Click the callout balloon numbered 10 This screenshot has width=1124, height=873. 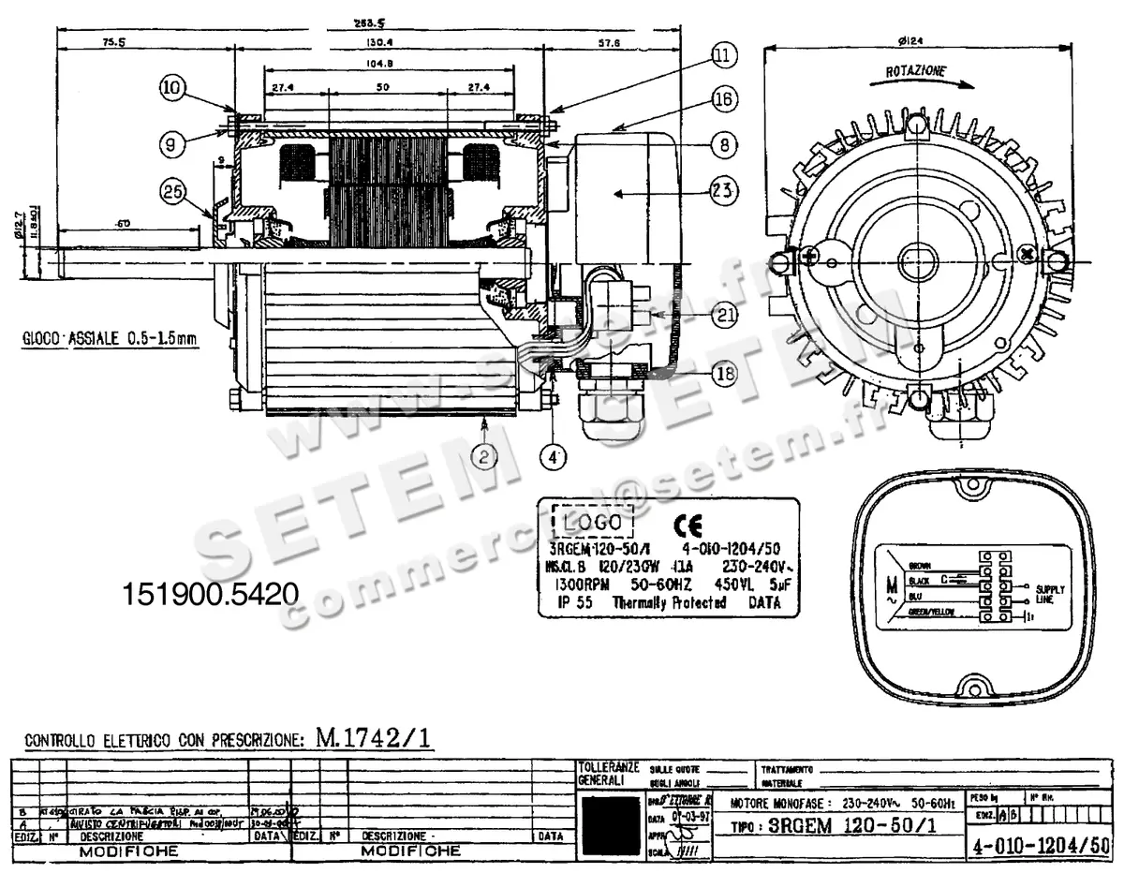click(x=170, y=89)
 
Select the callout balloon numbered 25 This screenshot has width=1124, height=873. click(x=170, y=192)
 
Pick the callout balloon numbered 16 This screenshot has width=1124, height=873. click(x=722, y=98)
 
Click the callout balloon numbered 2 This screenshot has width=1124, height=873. click(x=484, y=456)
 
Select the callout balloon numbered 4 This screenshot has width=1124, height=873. click(x=555, y=458)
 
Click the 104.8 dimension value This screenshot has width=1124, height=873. click(x=390, y=65)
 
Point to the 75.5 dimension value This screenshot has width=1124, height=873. click(x=114, y=42)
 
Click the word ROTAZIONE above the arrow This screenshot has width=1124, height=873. click(x=915, y=71)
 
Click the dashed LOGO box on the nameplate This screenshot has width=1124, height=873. click(x=592, y=521)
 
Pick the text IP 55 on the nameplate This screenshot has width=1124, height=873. click(x=573, y=603)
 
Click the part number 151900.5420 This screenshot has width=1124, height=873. click(x=211, y=593)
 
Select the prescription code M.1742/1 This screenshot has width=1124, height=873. click(x=374, y=738)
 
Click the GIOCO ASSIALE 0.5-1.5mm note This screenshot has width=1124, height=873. click(x=111, y=339)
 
